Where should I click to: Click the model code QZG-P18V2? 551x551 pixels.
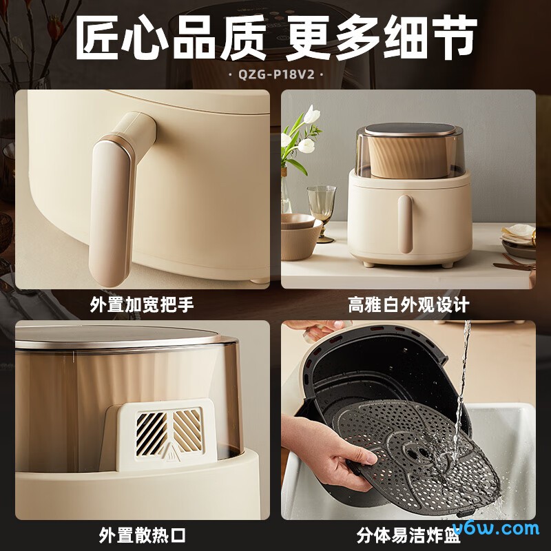coord(275,74)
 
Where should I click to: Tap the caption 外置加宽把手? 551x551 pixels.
coord(142,305)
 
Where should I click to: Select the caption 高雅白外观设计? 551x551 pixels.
coord(408,305)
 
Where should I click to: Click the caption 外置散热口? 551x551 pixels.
coord(142,535)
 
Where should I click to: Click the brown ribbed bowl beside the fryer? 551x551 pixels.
coord(300,238)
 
